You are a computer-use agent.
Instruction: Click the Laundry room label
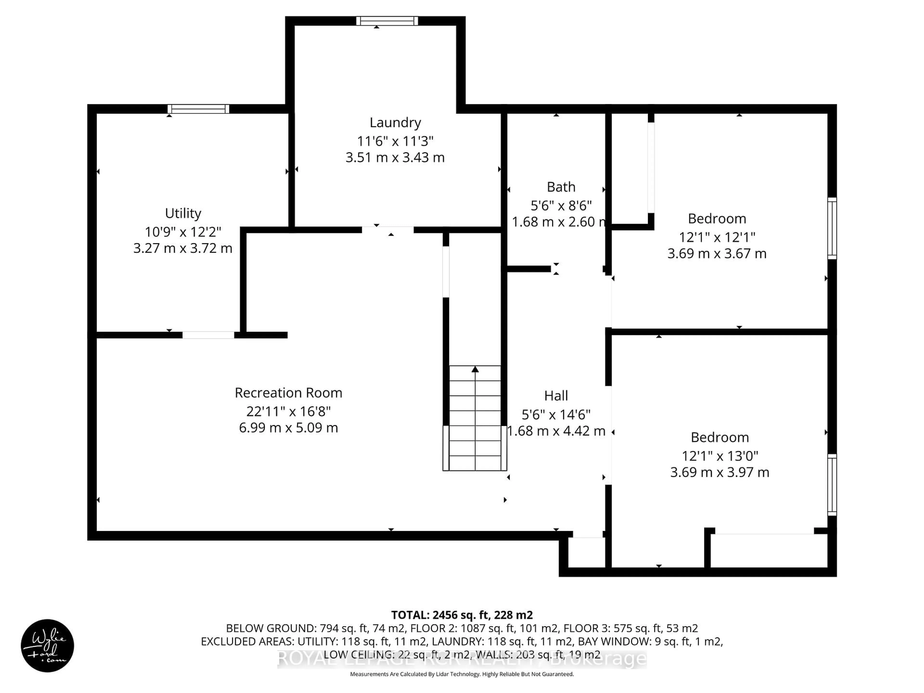tap(395, 122)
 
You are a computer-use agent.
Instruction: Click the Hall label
tap(556, 396)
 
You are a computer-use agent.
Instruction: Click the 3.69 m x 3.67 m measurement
tap(717, 254)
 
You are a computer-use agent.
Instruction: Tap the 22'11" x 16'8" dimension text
tap(288, 411)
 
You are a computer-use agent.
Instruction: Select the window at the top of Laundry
tap(387, 21)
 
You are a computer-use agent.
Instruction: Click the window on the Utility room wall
tap(199, 109)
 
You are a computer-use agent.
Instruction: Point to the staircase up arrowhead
tap(475, 369)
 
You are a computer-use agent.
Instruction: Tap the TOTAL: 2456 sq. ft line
tap(462, 615)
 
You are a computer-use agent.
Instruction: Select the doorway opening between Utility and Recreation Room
tap(208, 335)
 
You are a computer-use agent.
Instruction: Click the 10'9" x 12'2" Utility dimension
tap(183, 232)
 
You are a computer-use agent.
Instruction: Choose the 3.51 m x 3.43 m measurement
tap(395, 157)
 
